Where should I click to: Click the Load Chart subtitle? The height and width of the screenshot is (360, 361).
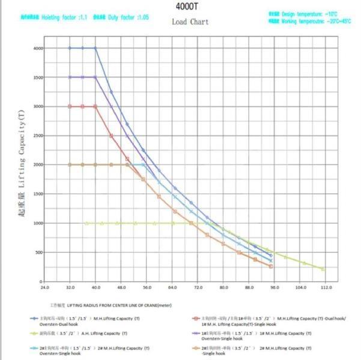(x=190, y=22)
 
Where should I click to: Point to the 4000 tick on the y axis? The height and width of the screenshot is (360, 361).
(x=38, y=48)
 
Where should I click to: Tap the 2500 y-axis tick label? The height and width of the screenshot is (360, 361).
(x=38, y=136)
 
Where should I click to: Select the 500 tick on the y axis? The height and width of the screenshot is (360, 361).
(x=39, y=252)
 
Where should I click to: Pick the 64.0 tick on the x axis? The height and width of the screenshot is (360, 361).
(x=172, y=287)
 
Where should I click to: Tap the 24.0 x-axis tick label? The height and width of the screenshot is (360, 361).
(x=44, y=287)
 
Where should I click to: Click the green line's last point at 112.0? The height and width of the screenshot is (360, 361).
(x=323, y=269)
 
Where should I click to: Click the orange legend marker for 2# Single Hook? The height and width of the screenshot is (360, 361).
(x=195, y=348)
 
